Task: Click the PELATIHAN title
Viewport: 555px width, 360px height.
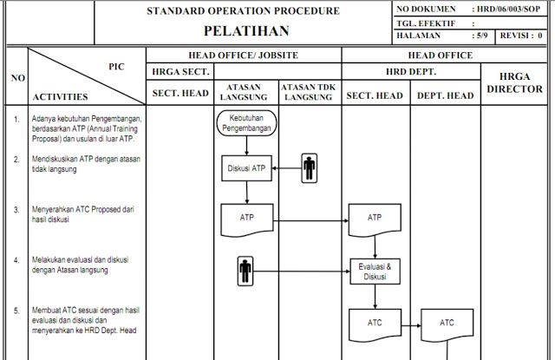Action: (x=243, y=30)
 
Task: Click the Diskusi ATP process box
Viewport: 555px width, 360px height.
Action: (x=246, y=168)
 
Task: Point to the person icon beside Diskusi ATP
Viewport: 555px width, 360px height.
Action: (x=310, y=169)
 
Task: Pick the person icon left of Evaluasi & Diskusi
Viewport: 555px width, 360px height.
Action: (x=246, y=272)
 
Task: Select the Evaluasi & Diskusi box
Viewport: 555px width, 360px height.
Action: (x=375, y=272)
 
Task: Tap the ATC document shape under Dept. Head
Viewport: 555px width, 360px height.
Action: (x=447, y=324)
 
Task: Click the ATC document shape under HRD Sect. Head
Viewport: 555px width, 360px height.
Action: (x=375, y=324)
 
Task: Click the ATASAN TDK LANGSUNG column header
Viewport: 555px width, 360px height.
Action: (x=310, y=92)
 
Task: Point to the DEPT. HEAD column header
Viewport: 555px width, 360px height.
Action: (x=447, y=95)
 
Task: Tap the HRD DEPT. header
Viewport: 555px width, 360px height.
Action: (x=410, y=71)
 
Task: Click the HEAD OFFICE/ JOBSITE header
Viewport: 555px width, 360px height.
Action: (x=243, y=55)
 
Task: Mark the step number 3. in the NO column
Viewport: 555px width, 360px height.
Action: (x=16, y=210)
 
